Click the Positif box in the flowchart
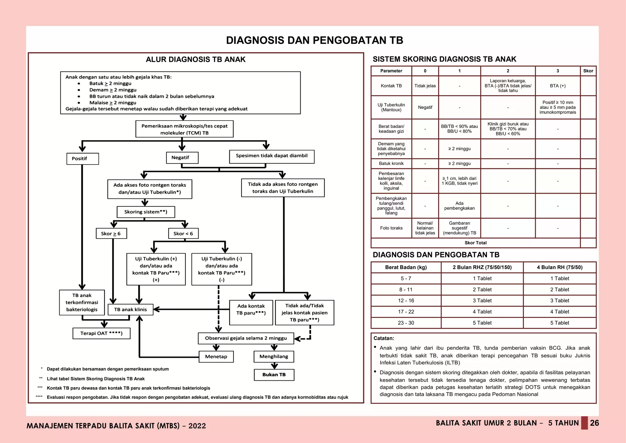pyautogui.click(x=83, y=159)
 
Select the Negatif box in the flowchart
pyautogui.click(x=182, y=158)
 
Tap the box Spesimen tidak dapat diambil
pyautogui.click(x=271, y=156)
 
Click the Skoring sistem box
pyautogui.click(x=146, y=212)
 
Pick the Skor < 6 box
pyautogui.click(x=183, y=233)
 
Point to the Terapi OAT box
pyautogui.click(x=101, y=333)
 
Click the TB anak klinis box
pyautogui.click(x=131, y=310)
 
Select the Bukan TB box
pyautogui.click(x=274, y=375)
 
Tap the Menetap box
pyautogui.click(x=216, y=357)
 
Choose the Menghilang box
pyautogui.click(x=274, y=357)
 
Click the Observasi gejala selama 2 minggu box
pyautogui.click(x=246, y=338)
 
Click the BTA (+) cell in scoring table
pyautogui.click(x=558, y=86)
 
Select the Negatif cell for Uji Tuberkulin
pyautogui.click(x=425, y=107)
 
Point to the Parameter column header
pyautogui.click(x=391, y=71)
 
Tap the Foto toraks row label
pyautogui.click(x=391, y=228)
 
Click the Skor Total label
pyautogui.click(x=475, y=243)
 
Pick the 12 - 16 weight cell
pyautogui.click(x=406, y=301)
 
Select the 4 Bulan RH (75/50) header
pyautogui.click(x=559, y=267)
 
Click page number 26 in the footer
pyautogui.click(x=594, y=423)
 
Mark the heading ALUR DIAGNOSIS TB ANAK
pyautogui.click(x=196, y=60)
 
